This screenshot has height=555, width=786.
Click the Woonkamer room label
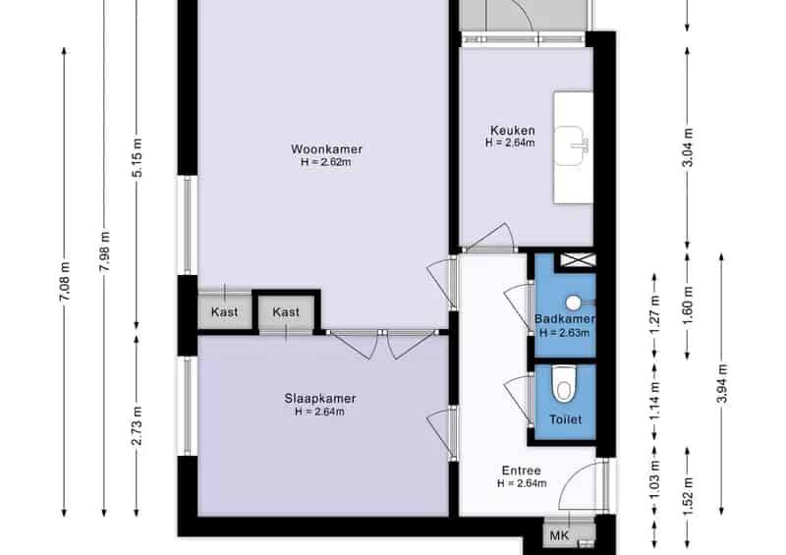pyautogui.click(x=326, y=149)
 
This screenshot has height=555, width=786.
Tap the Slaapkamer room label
pyautogui.click(x=320, y=399)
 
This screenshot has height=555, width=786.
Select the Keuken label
pyautogui.click(x=512, y=131)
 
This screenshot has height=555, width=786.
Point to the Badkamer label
pyautogui.click(x=564, y=319)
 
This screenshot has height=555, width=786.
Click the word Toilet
pyautogui.click(x=566, y=419)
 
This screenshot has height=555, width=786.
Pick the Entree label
pyautogui.click(x=522, y=471)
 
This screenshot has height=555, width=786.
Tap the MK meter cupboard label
pyautogui.click(x=559, y=536)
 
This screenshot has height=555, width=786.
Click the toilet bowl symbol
pyautogui.click(x=564, y=384)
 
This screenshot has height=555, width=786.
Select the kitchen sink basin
pyautogui.click(x=571, y=145)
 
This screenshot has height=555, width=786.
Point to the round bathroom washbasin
pyautogui.click(x=574, y=303)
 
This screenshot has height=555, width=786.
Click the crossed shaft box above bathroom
pyautogui.click(x=578, y=259)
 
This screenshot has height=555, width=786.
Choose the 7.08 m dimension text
pyautogui.click(x=65, y=281)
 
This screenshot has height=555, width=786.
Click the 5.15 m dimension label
pyautogui.click(x=138, y=157)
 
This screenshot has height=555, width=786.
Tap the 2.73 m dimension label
pyautogui.click(x=138, y=425)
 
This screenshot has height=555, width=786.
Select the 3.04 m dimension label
pyautogui.click(x=689, y=147)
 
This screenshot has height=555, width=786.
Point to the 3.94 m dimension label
pyautogui.click(x=722, y=383)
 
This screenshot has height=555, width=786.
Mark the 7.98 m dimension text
pyautogui.click(x=105, y=251)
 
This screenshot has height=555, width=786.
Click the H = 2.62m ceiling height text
pyautogui.click(x=326, y=162)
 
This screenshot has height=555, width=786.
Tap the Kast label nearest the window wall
pyautogui.click(x=224, y=312)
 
